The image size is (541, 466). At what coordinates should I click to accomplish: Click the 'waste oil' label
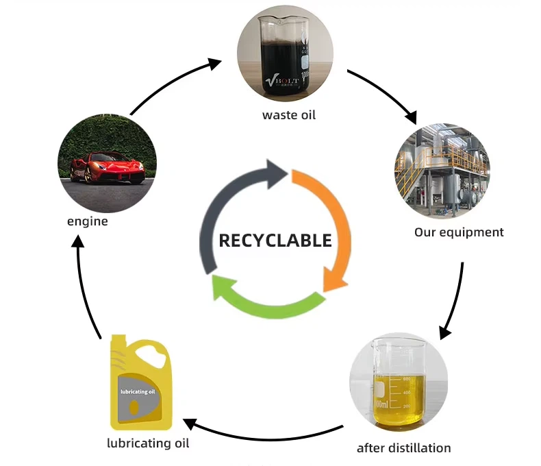pos(289,114)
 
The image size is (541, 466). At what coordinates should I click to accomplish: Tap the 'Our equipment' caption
pos(459,232)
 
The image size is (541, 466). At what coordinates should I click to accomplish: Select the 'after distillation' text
pos(404,448)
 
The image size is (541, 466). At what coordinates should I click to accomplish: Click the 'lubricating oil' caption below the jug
pos(148,443)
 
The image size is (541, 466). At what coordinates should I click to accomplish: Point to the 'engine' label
pos(87,221)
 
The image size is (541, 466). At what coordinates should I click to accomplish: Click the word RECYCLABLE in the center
pos(275,241)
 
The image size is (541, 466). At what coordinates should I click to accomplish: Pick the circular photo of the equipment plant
pos(442,171)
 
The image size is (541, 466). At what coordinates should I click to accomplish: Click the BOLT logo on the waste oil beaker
pos(278,81)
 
